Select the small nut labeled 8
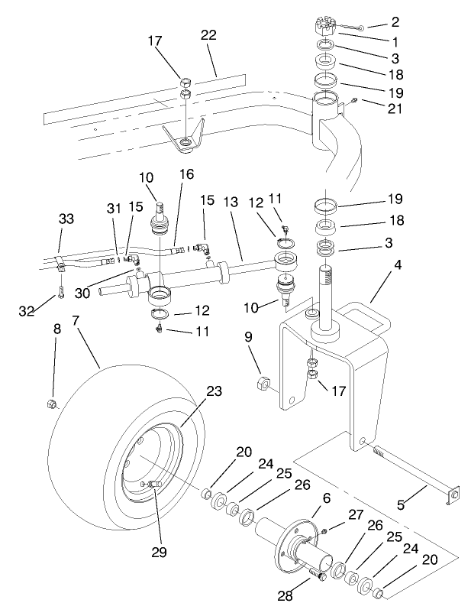[x=52, y=403]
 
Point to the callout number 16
[x=185, y=174]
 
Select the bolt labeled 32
[x=60, y=315]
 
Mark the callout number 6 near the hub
[x=326, y=498]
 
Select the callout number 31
[x=114, y=209]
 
